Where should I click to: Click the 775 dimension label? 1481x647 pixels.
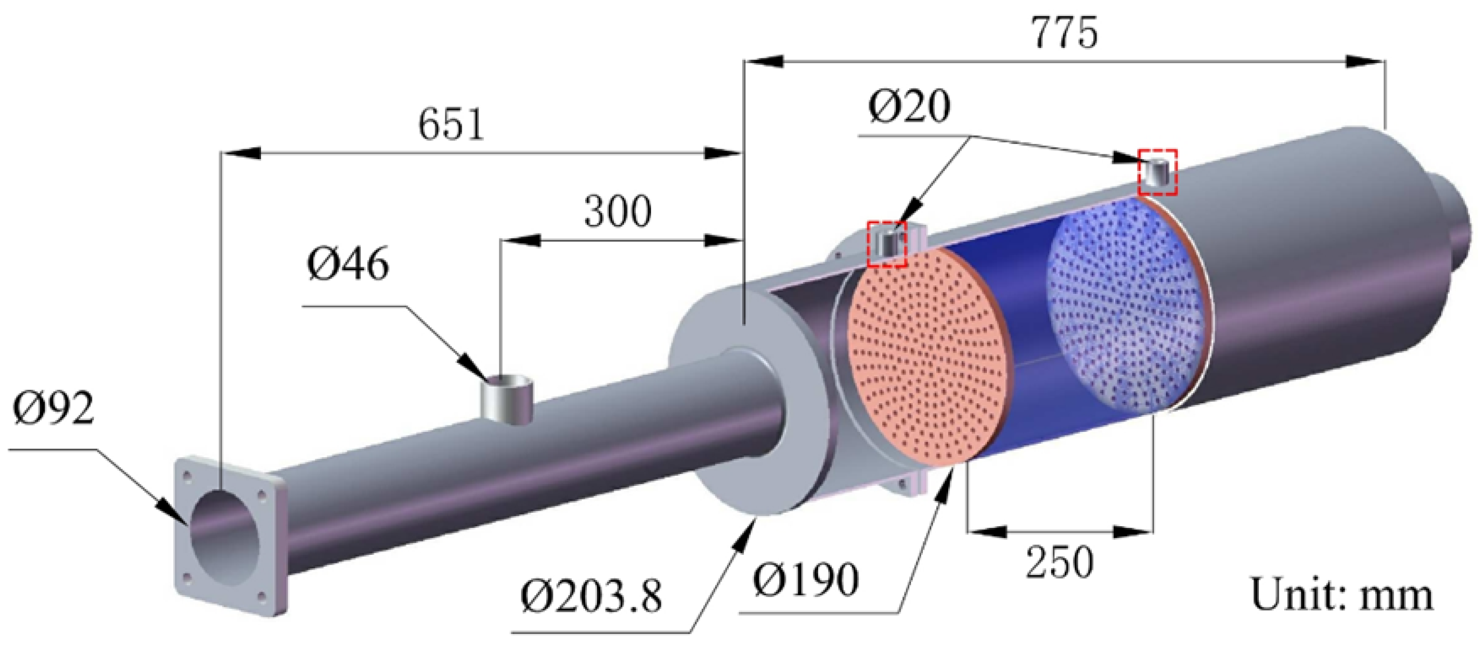(x=1064, y=33)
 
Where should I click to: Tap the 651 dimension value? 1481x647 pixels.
(x=451, y=125)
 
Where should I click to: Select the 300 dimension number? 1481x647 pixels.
(x=618, y=212)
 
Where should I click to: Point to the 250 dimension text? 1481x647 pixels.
(x=1059, y=562)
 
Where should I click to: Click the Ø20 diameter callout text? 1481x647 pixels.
(x=909, y=107)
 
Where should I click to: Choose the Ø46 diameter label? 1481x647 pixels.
(x=348, y=265)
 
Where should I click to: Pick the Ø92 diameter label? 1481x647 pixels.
(x=53, y=409)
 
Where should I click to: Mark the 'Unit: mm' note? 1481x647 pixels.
(x=1341, y=595)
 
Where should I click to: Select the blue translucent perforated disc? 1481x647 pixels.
(x=1127, y=310)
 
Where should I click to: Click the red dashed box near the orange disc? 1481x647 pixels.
(x=887, y=244)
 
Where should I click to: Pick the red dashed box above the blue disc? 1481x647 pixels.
(x=1158, y=172)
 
